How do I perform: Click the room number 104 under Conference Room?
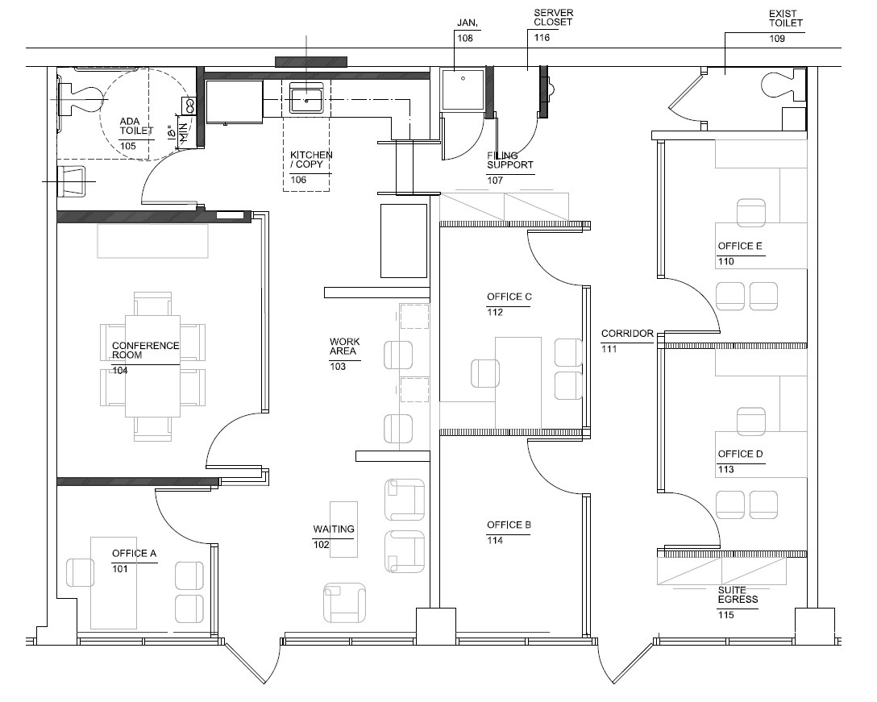120,371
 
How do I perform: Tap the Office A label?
134,554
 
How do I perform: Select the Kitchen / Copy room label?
311,160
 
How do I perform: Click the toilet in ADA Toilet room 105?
81,98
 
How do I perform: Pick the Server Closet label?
552,18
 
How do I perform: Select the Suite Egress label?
738,595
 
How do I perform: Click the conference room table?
152,366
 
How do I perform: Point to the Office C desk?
517,382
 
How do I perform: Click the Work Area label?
344,347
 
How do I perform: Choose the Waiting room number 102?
322,544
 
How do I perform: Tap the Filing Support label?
509,160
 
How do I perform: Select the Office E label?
740,247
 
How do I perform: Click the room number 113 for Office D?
725,469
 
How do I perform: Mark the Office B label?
509,525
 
